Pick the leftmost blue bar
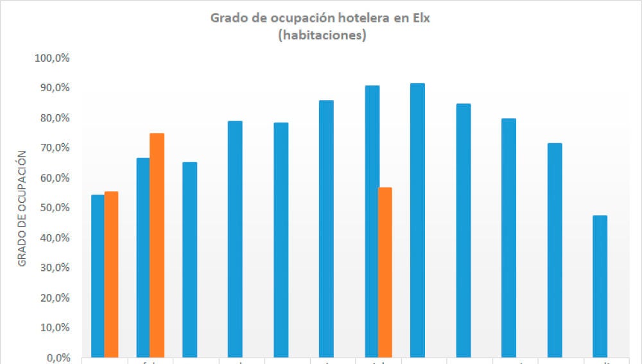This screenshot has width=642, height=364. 98,276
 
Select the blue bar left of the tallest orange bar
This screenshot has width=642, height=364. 143,257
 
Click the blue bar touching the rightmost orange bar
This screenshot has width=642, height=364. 372,221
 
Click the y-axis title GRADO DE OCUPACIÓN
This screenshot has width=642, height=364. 22,208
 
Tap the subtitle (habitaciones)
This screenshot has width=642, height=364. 322,36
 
